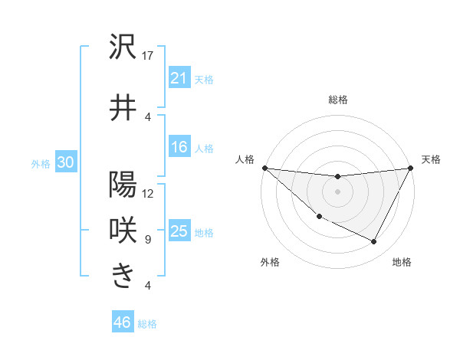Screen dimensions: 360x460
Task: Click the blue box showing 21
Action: (179, 78)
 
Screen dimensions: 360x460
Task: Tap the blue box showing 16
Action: (179, 147)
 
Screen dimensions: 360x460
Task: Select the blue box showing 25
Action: (179, 231)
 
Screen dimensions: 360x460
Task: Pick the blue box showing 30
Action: (65, 163)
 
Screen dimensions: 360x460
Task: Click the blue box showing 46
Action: (123, 322)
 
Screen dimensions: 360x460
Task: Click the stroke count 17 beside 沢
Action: (148, 55)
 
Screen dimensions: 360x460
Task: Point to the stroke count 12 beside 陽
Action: (148, 193)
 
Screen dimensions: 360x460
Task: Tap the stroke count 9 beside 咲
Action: (148, 239)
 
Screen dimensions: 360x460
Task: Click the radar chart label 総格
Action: (337, 100)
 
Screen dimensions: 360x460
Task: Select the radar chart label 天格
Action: (431, 159)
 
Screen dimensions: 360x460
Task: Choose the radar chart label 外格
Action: (270, 262)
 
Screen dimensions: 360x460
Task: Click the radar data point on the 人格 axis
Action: (264, 168)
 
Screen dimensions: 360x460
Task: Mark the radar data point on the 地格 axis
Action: (374, 242)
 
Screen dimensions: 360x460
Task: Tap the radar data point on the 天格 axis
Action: (411, 168)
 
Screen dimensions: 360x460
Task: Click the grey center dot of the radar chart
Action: (337, 191)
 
